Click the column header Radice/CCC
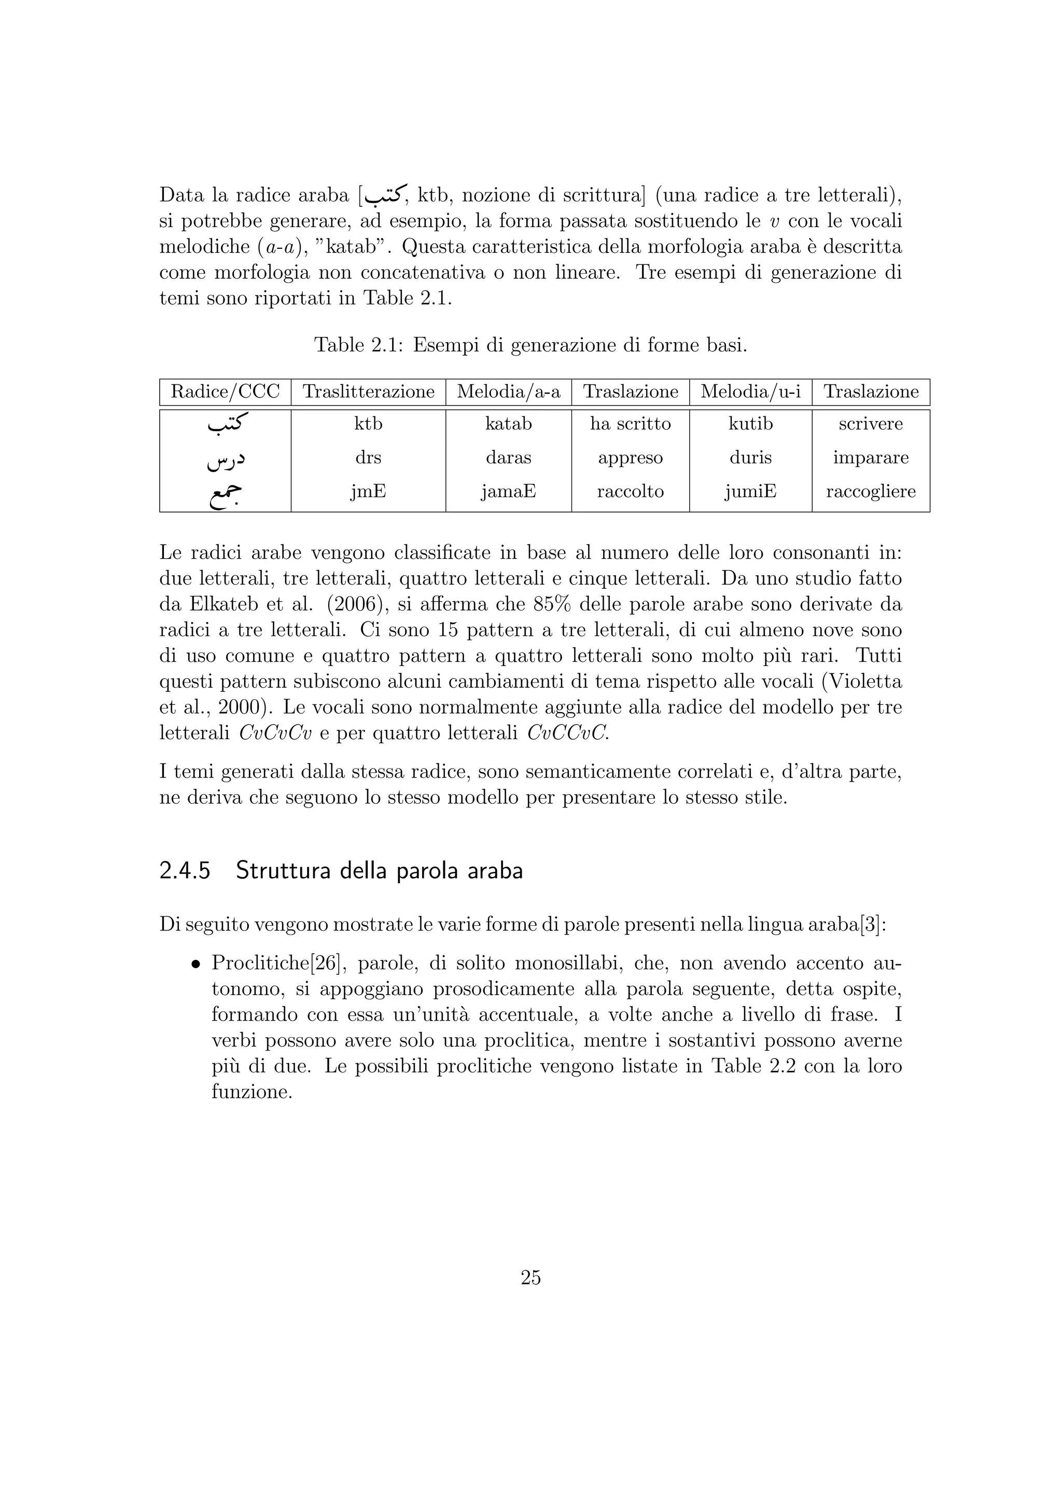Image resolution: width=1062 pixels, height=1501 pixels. (225, 392)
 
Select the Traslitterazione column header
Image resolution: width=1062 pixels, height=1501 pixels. (368, 392)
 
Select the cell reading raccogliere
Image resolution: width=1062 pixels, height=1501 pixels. (871, 492)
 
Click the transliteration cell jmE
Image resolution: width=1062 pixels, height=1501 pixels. (368, 492)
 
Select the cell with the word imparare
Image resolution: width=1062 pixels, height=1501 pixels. (871, 458)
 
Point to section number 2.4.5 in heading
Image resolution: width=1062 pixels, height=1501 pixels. (185, 871)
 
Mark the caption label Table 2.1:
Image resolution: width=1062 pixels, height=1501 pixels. (360, 345)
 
